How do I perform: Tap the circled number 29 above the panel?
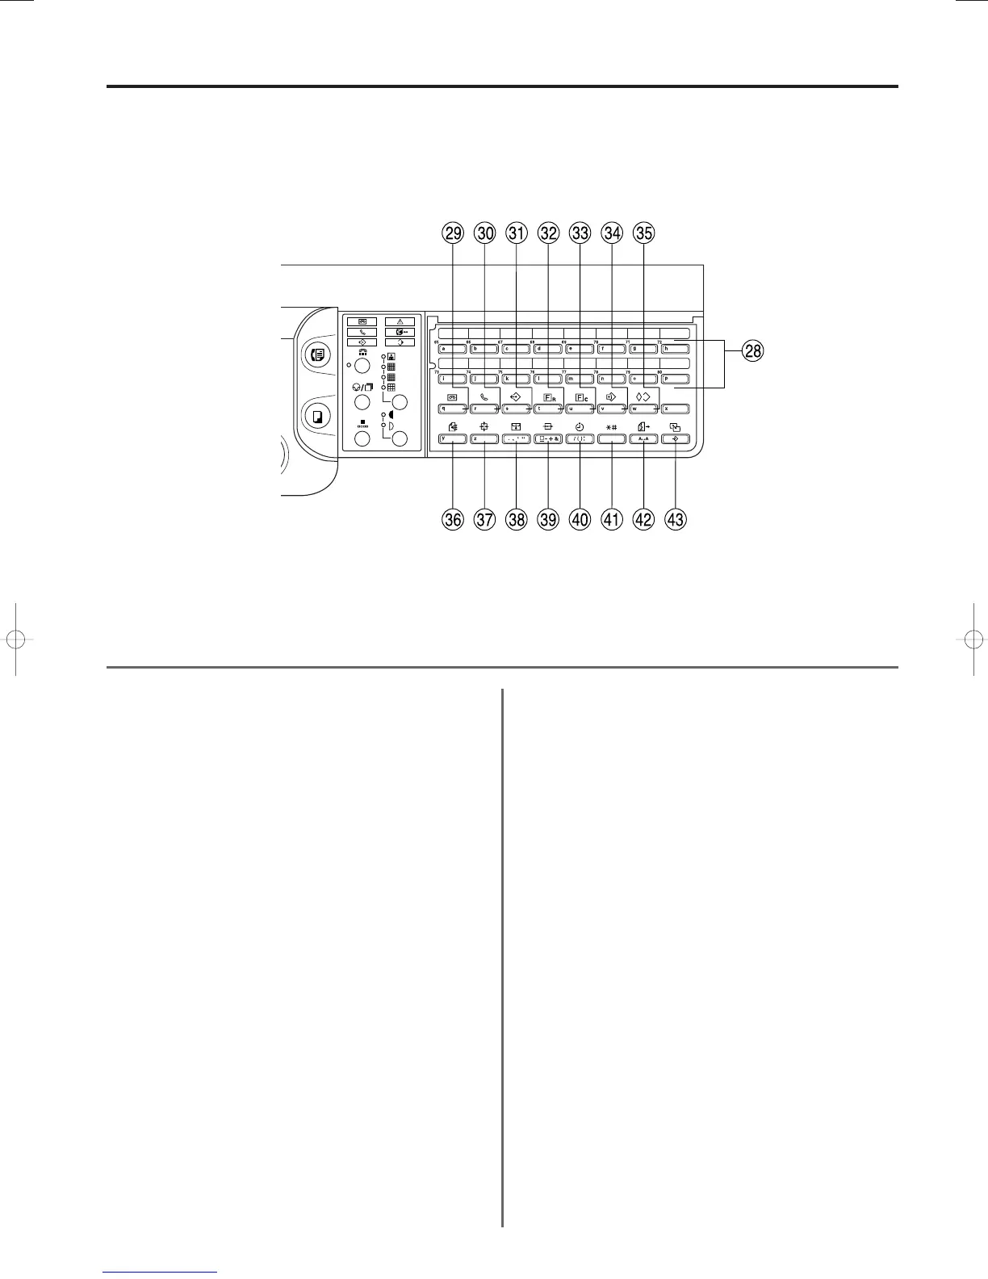point(453,233)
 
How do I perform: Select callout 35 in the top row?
point(643,233)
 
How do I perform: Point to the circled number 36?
point(453,519)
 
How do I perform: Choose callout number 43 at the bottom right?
point(675,519)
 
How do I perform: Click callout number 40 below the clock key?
point(580,519)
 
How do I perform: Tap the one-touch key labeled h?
point(675,350)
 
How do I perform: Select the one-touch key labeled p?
point(675,379)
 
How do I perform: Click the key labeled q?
point(453,409)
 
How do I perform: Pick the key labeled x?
point(675,409)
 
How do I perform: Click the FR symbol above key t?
point(549,396)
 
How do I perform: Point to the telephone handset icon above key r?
point(484,396)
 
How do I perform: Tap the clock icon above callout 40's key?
point(580,426)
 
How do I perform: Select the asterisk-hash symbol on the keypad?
point(611,426)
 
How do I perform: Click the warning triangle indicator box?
point(400,321)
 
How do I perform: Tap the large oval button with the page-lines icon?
point(316,354)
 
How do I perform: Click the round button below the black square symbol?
point(362,438)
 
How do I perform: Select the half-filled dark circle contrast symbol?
point(391,414)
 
